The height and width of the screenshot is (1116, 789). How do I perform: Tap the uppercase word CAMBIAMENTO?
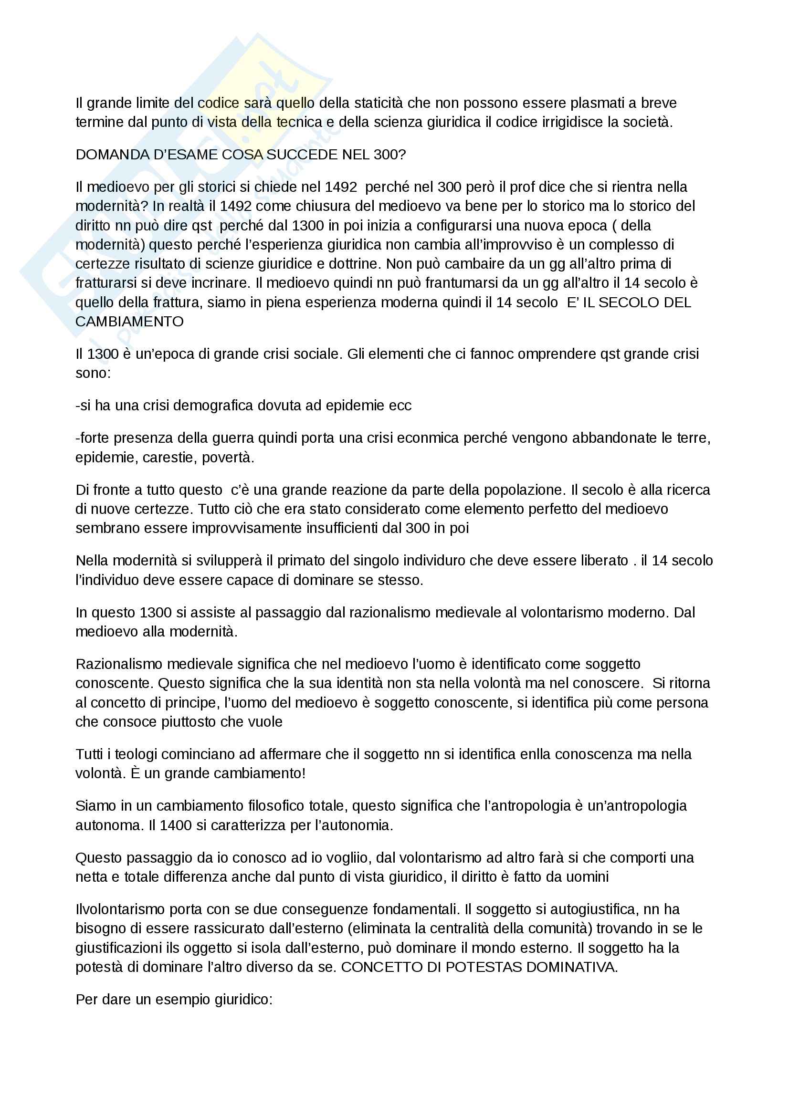129,322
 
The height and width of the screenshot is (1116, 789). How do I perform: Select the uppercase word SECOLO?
627,302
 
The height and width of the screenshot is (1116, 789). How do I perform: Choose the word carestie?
168,458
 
